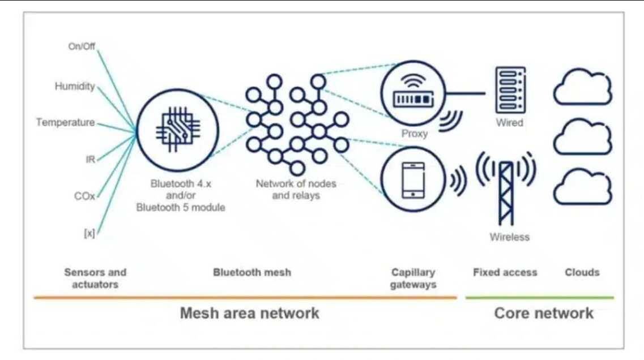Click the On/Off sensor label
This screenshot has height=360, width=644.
(x=82, y=46)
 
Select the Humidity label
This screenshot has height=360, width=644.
(x=75, y=86)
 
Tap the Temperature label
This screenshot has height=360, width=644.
(x=65, y=122)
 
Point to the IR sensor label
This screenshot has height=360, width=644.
(x=91, y=159)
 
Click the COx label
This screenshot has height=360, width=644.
(x=84, y=196)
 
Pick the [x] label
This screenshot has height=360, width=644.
(x=89, y=233)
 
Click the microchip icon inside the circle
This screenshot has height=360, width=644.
(x=177, y=130)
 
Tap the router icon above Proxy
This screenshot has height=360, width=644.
(x=413, y=93)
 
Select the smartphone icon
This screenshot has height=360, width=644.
(x=413, y=180)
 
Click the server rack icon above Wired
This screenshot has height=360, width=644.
(x=510, y=90)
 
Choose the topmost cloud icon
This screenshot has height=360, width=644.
(x=583, y=87)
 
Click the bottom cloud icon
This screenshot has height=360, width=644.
(x=583, y=187)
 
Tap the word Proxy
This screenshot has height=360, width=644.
(x=415, y=134)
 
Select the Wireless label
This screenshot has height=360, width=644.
(x=509, y=237)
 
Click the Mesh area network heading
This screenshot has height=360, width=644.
(x=249, y=313)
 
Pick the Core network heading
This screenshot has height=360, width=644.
(x=544, y=313)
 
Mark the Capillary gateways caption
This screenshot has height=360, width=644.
(x=413, y=278)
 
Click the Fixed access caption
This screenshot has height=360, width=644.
(x=505, y=273)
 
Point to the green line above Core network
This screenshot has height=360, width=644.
(x=540, y=297)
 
